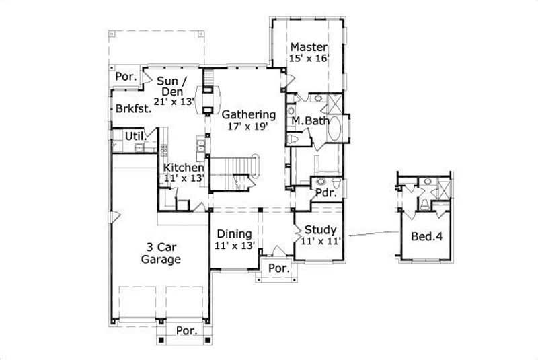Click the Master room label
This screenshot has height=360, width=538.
[309, 47]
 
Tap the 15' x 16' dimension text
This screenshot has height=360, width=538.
[309, 59]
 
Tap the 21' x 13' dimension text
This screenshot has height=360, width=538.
[174, 101]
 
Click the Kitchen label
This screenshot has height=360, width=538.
[183, 167]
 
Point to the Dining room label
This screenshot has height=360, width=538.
[234, 233]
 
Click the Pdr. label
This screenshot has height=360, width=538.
[325, 192]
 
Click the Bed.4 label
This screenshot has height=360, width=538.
[426, 236]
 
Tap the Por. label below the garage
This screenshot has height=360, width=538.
[187, 331]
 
